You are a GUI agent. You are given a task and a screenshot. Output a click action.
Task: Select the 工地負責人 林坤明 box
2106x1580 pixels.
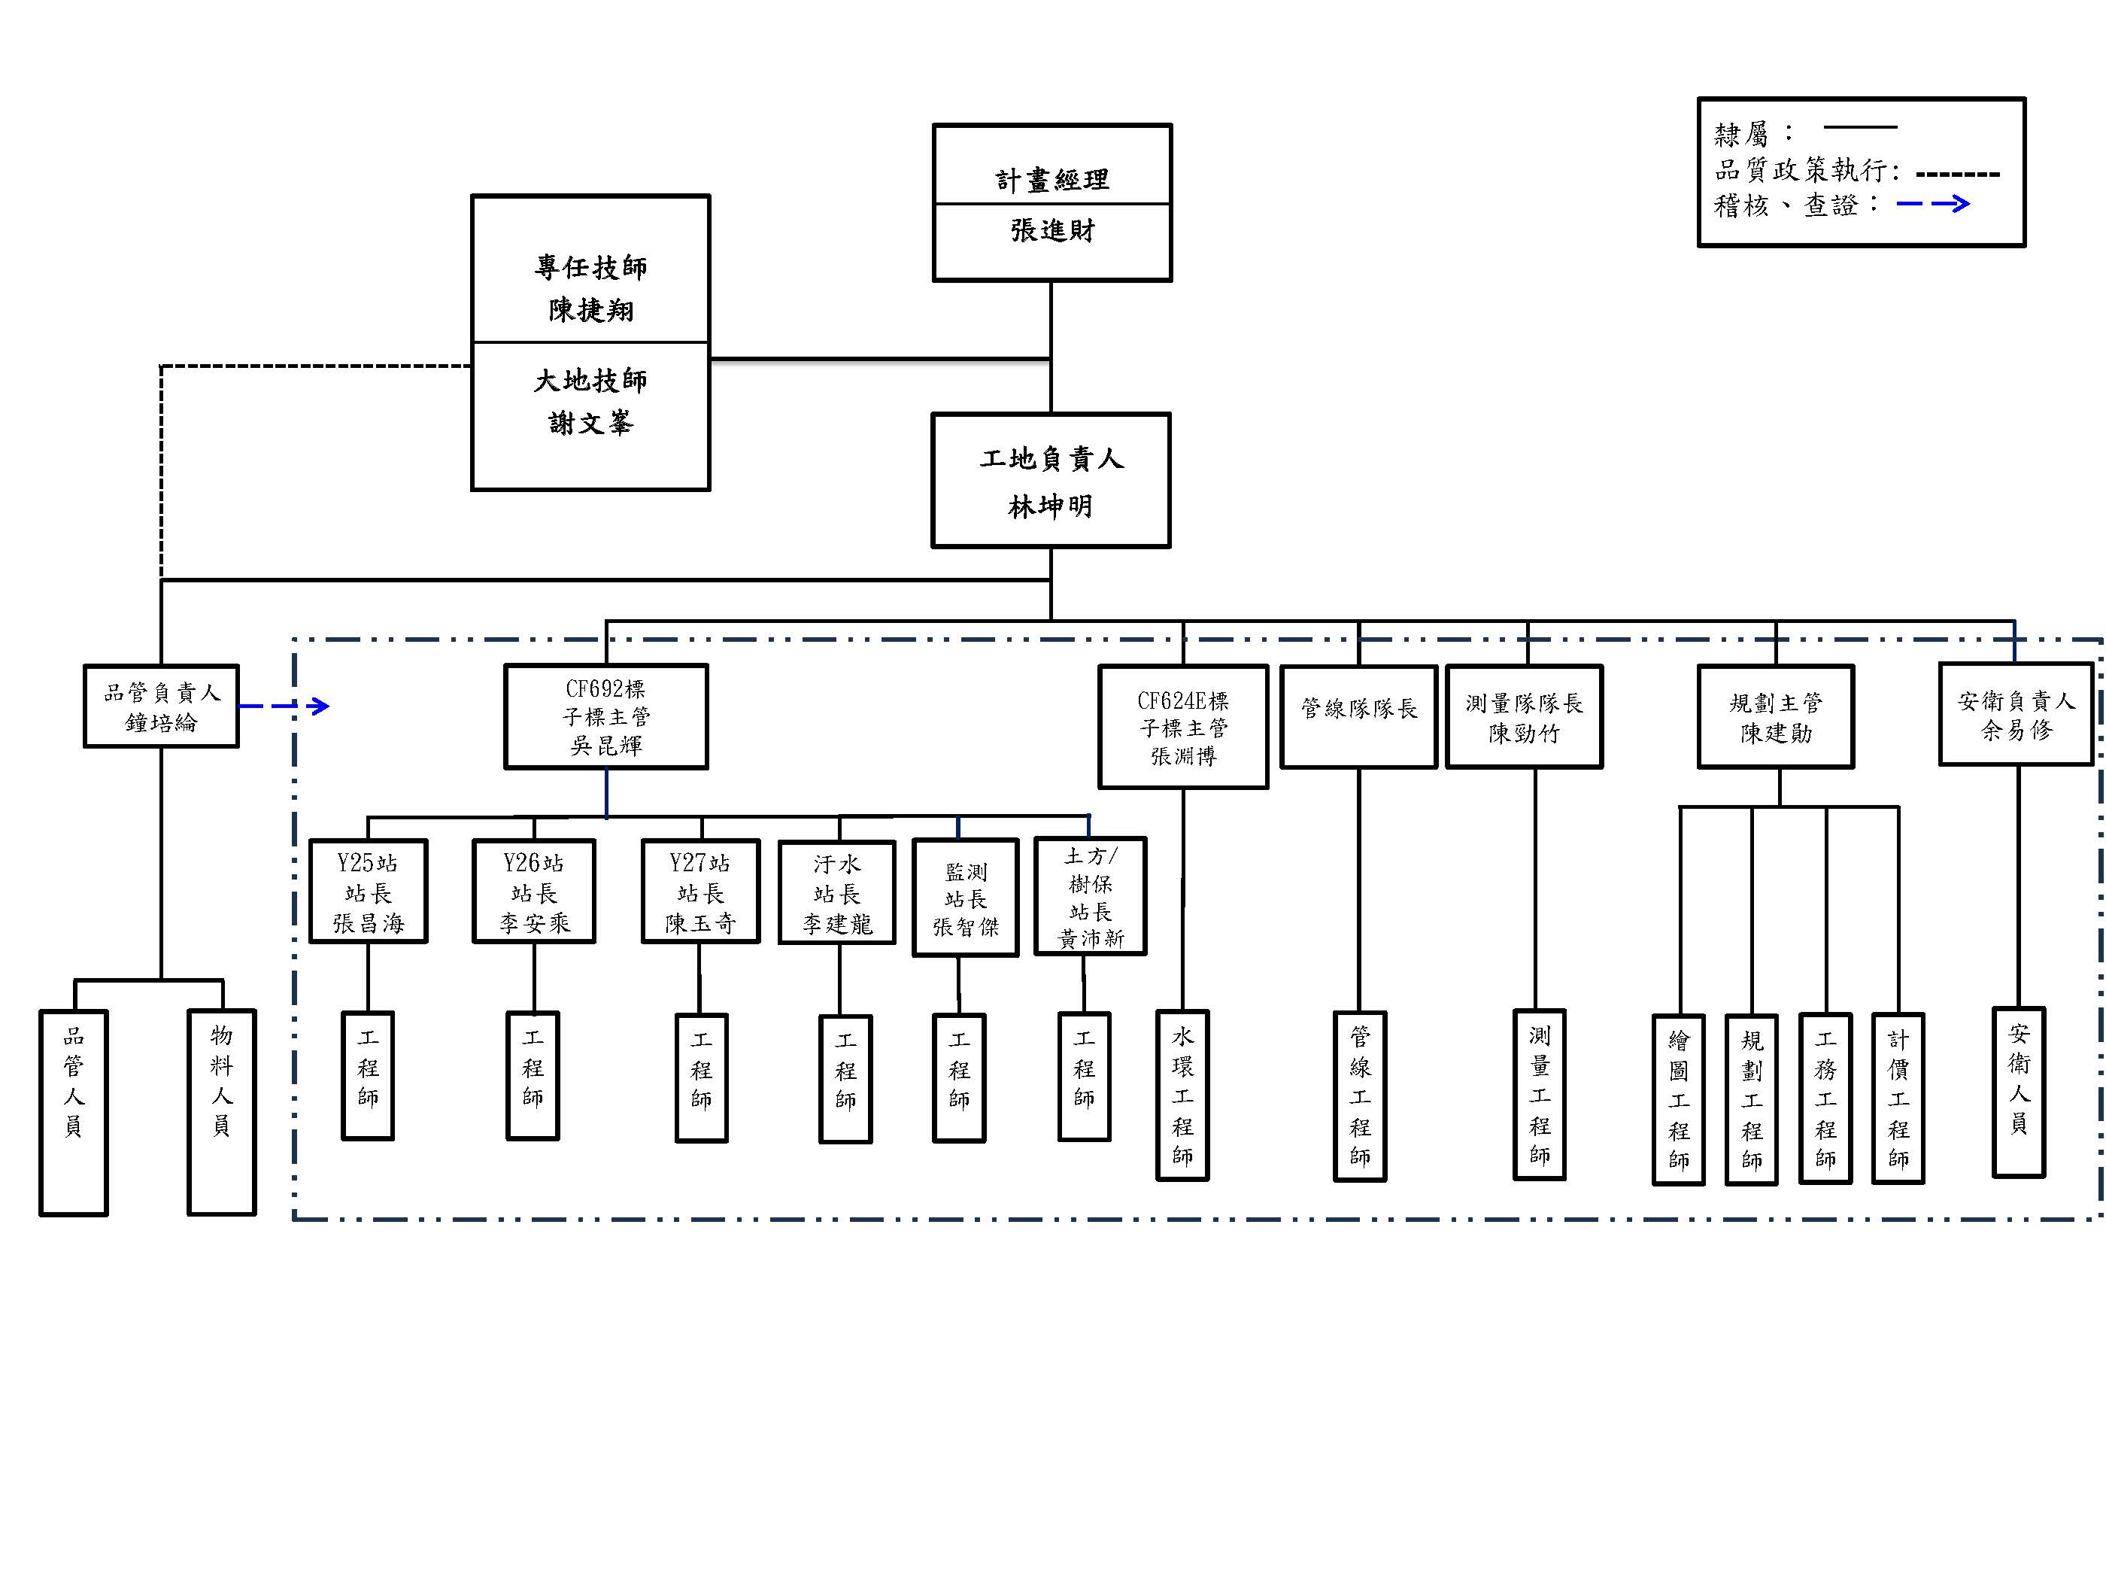click(1050, 481)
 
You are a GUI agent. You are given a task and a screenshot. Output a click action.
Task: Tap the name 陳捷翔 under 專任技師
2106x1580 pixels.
click(590, 311)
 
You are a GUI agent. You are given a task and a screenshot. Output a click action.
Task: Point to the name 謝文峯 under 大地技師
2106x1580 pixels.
click(590, 423)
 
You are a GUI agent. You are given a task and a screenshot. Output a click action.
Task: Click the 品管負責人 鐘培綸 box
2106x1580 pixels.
click(161, 706)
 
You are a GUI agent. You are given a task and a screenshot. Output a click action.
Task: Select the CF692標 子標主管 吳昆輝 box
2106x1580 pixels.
click(605, 717)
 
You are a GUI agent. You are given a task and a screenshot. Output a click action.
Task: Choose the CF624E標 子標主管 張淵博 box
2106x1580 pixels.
click(1182, 728)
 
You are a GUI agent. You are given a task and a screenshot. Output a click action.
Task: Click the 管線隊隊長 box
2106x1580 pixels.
click(1358, 716)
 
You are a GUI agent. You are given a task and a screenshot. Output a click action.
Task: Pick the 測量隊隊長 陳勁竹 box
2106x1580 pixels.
click(1525, 717)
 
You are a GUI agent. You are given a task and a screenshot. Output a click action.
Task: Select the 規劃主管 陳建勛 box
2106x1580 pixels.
click(1776, 717)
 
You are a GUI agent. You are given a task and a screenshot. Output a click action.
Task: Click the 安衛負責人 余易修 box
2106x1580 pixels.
click(2016, 714)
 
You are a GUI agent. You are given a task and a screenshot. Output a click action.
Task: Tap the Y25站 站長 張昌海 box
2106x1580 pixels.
click(369, 892)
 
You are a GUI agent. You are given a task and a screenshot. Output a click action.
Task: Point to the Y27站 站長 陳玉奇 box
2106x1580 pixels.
click(701, 892)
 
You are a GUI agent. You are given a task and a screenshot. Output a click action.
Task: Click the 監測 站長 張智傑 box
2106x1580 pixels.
click(966, 897)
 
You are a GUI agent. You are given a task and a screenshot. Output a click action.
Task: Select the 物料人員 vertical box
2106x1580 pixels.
click(222, 1112)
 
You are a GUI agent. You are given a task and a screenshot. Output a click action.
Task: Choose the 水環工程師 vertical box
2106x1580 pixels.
click(1182, 1096)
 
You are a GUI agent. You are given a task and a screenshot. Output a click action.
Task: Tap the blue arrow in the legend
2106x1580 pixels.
click(1933, 204)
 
